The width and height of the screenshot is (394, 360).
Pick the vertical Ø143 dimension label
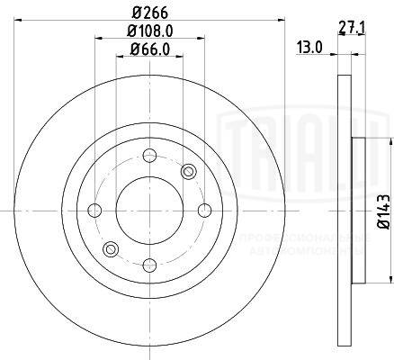pyautogui.click(x=381, y=211)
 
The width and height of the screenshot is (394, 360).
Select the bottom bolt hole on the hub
pyautogui.click(x=148, y=265)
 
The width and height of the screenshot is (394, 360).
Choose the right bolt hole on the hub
pyautogui.click(x=204, y=211)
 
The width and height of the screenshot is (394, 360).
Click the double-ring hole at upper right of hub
pyautogui.click(x=187, y=172)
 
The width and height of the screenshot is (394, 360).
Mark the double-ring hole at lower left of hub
pyautogui.click(x=110, y=248)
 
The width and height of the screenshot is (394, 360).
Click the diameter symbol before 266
pyautogui.click(x=135, y=13)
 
